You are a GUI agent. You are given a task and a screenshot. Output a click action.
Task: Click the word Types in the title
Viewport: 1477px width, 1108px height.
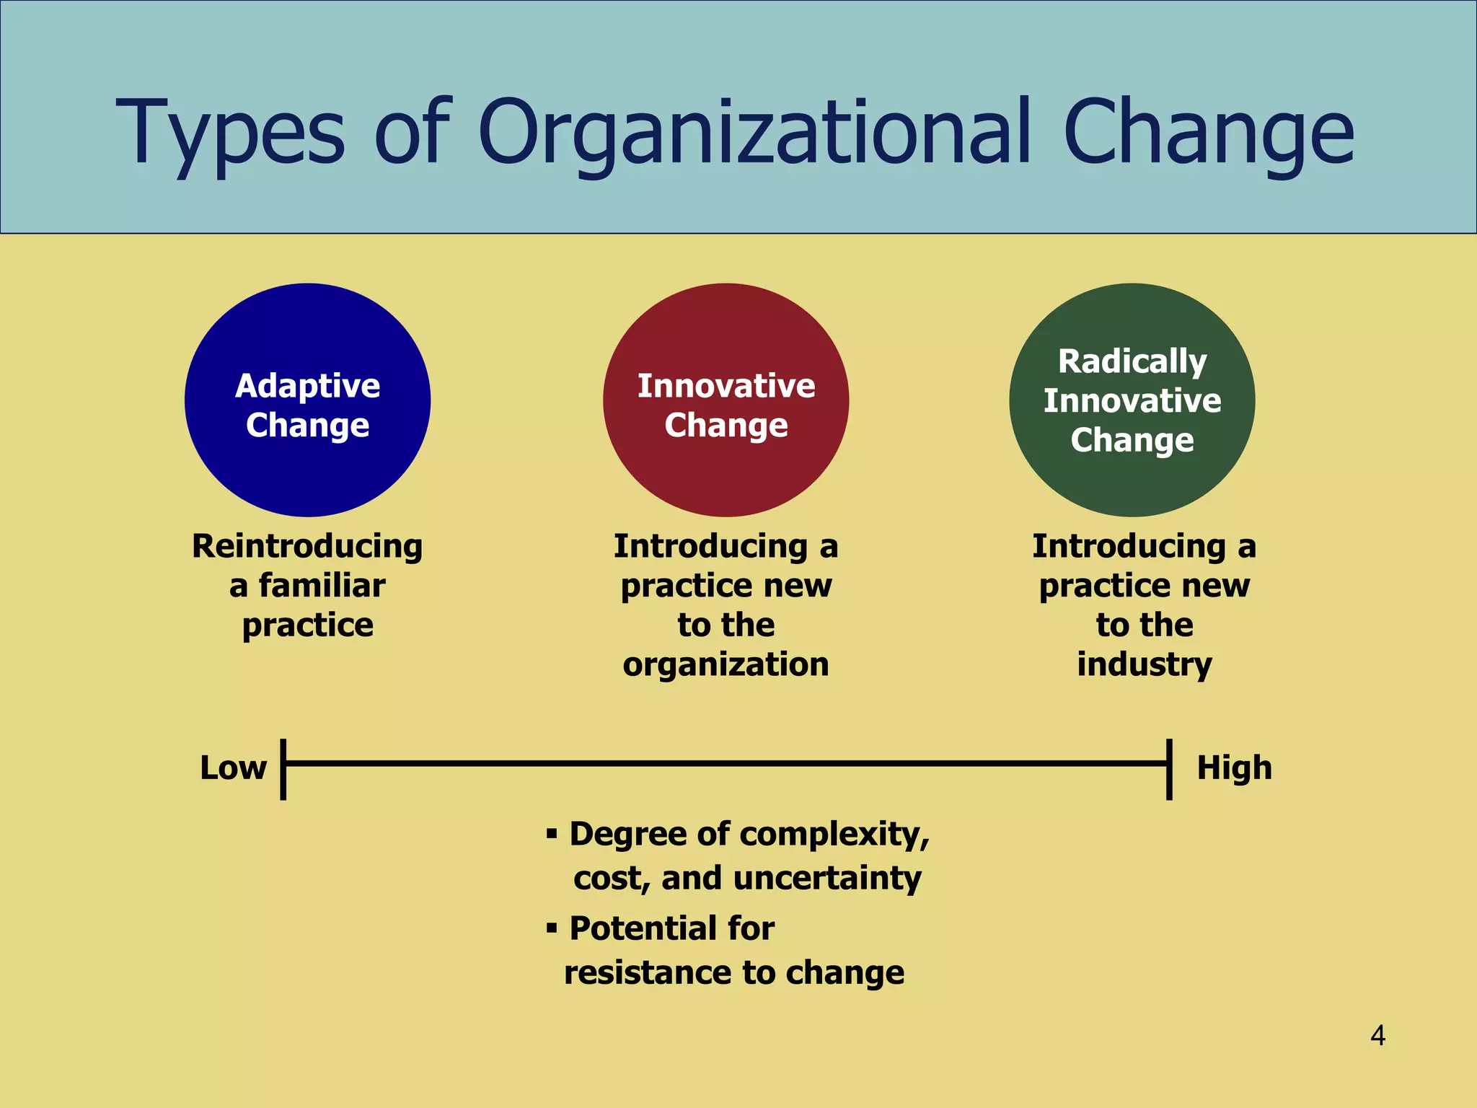pos(230,134)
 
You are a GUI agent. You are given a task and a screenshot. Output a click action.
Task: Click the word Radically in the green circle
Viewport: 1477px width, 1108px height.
pos(1132,361)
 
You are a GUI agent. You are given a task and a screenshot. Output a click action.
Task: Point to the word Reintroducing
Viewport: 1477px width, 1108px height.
pos(307,546)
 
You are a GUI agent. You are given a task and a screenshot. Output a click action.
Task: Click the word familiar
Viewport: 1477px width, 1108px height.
pos(322,586)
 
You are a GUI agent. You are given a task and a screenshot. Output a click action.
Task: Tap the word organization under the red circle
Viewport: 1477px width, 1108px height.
pos(726,664)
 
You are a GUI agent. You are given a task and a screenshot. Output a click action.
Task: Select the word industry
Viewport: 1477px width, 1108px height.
pos(1144,664)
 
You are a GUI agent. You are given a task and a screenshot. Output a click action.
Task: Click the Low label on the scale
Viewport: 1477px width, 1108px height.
pos(233,768)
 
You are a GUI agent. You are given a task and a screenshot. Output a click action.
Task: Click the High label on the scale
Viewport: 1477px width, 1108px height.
pos(1234,768)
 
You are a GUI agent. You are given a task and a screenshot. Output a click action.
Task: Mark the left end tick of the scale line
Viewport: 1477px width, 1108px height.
pos(283,769)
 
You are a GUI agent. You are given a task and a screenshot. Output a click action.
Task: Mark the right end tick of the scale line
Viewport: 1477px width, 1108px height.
pos(1169,769)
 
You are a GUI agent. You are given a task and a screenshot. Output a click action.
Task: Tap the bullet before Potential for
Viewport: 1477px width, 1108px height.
pos(552,928)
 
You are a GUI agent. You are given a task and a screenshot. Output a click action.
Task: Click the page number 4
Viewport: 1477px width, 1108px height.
pos(1377,1036)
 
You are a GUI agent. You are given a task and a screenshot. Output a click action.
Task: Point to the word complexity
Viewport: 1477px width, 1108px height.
pos(834,835)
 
